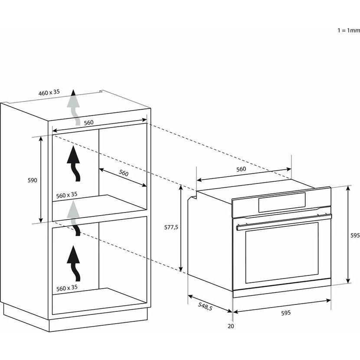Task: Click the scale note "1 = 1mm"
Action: [349, 30]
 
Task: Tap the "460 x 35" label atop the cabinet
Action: [49, 92]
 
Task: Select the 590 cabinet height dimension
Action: [33, 180]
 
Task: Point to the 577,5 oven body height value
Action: [171, 227]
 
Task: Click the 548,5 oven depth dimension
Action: [205, 306]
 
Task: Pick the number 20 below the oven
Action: [231, 326]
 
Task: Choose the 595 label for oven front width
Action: [286, 313]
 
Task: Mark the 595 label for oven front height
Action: [355, 236]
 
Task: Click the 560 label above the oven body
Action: [241, 169]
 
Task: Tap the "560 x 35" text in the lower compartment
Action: [67, 288]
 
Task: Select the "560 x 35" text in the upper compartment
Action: [67, 195]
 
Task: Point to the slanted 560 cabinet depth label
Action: [124, 173]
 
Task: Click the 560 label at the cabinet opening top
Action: [88, 123]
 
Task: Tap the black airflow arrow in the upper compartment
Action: [74, 164]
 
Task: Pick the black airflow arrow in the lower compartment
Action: [74, 263]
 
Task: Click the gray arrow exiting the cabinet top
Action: [73, 107]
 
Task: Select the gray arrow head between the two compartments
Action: [73, 209]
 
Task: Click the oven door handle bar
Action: [284, 222]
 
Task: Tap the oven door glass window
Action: [282, 252]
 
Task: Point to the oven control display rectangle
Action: [282, 202]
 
